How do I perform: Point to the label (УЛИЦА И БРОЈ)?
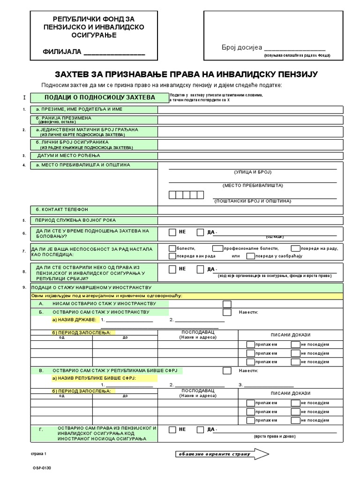pyautogui.click(x=253, y=172)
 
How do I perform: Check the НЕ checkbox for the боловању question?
pyautogui.click(x=172, y=232)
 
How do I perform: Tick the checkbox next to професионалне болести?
pyautogui.click(x=217, y=248)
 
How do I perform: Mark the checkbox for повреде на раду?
pyautogui.click(x=295, y=248)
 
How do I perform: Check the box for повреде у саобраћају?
pyautogui.click(x=250, y=256)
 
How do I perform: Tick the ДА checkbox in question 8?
pyautogui.click(x=201, y=269)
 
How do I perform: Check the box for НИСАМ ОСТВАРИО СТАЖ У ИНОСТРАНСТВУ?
pyautogui.click(x=227, y=304)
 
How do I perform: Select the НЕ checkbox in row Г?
pyautogui.click(x=172, y=429)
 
